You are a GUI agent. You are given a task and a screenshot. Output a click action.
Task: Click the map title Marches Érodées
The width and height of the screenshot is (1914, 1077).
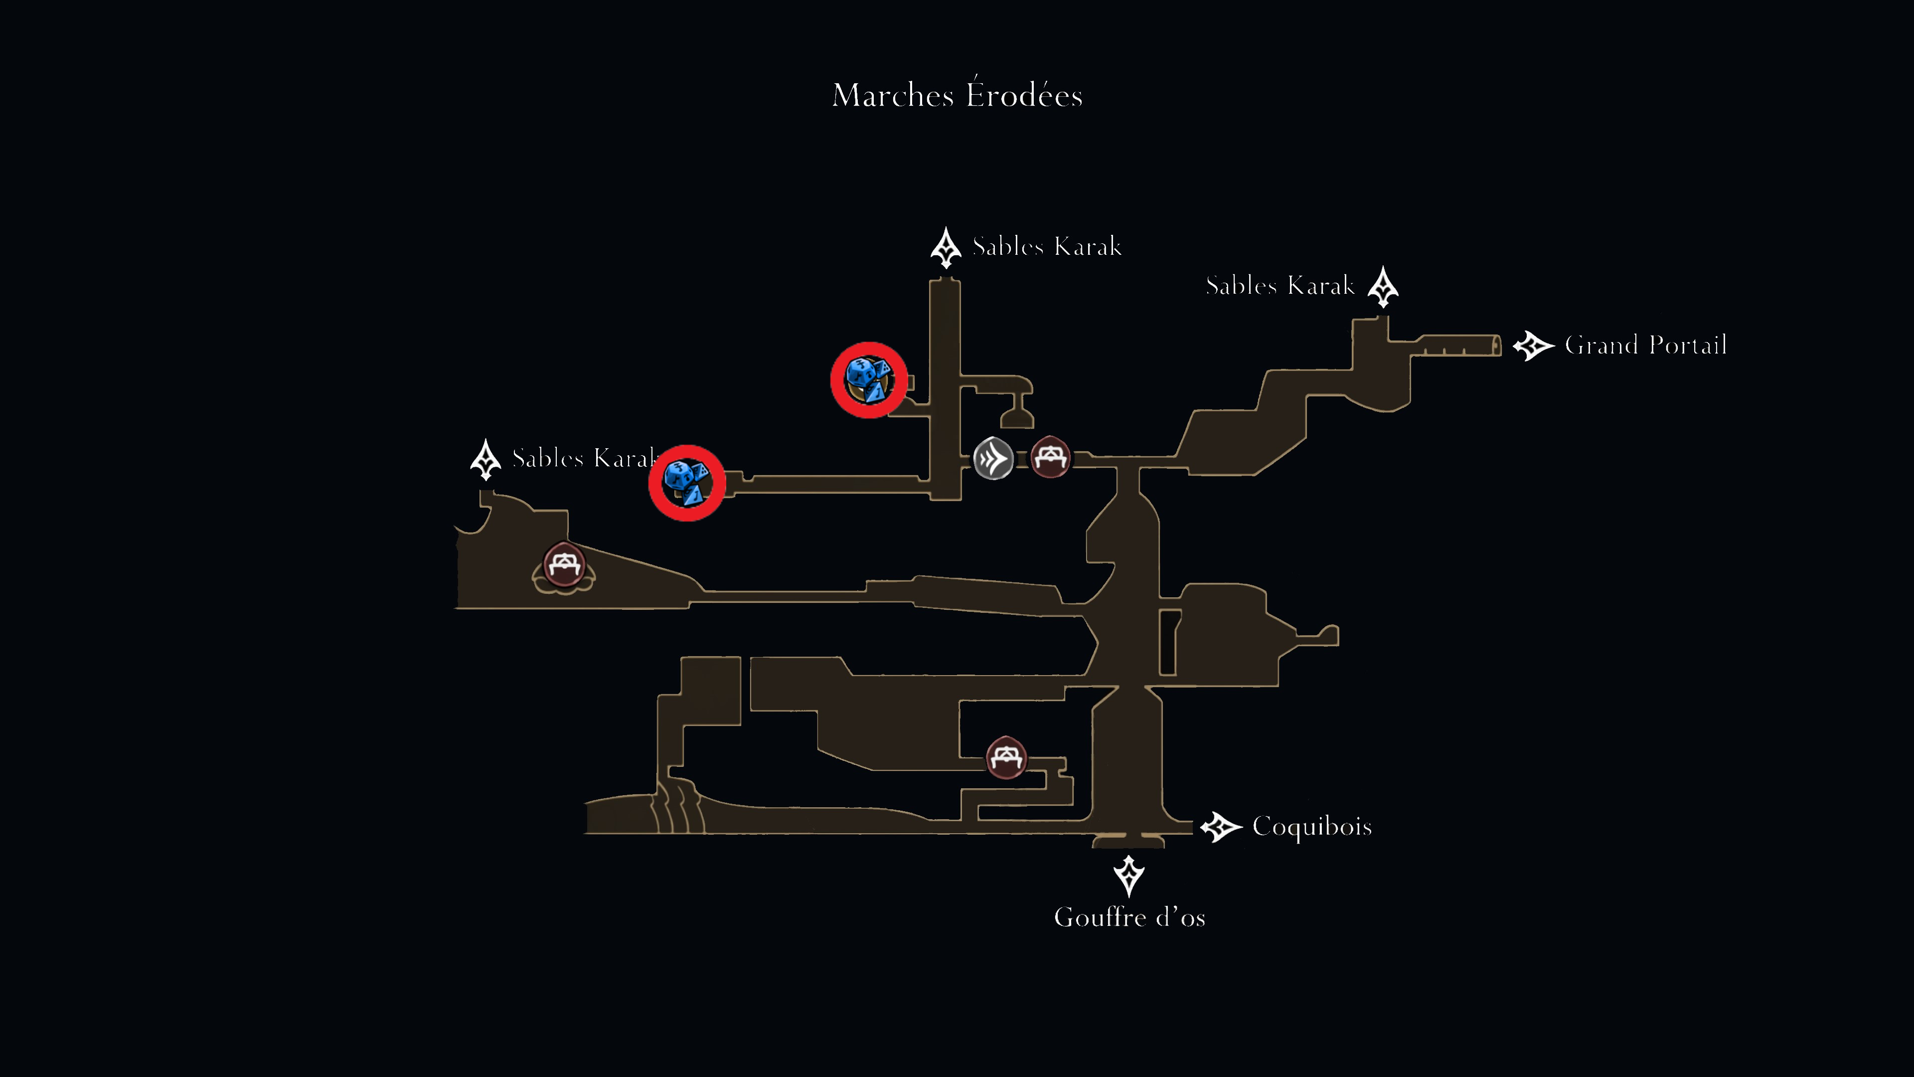coord(957,94)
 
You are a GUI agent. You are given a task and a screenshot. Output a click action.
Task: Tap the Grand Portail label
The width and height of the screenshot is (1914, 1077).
coord(1646,345)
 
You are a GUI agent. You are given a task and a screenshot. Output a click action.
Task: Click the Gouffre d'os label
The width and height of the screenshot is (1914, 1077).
coord(1129,917)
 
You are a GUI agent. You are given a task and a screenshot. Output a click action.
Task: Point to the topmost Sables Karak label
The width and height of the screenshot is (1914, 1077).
coord(1047,246)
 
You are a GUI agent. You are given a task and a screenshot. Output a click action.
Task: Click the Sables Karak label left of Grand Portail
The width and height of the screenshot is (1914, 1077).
coord(1280,285)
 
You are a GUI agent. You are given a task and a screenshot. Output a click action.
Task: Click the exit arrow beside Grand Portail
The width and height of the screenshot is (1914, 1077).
coord(1533,346)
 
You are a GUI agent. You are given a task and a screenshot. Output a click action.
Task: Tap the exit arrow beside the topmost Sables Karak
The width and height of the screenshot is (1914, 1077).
coord(946,247)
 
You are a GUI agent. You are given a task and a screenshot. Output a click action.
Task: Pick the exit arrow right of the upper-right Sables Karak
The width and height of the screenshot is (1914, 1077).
coord(1383,287)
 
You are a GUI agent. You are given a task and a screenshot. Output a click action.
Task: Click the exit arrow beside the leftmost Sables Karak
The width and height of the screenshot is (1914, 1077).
coord(486,459)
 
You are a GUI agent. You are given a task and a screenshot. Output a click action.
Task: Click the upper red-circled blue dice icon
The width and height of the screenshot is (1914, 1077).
coord(869,380)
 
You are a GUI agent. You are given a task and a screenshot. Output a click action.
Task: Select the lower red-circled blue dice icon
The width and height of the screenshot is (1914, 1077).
coord(686,483)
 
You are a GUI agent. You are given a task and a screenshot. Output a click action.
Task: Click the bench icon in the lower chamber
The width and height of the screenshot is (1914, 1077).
coord(1006,757)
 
